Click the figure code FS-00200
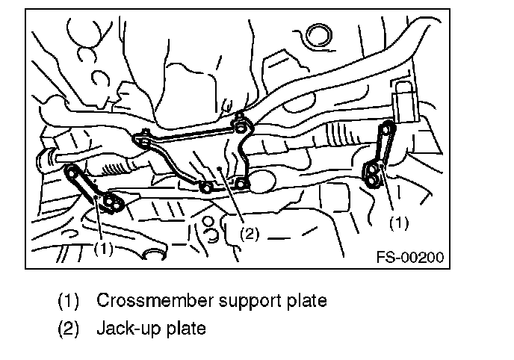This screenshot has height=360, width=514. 410,258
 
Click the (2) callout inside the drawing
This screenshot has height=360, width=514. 249,235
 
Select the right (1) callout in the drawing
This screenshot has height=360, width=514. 400,222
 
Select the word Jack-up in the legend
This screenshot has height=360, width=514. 126,327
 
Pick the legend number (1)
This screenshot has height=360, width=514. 69,301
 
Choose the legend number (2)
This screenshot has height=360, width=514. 69,327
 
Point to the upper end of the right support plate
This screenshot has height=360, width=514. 386,128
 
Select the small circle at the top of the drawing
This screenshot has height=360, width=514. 320,33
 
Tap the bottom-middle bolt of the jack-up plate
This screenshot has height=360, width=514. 204,184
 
